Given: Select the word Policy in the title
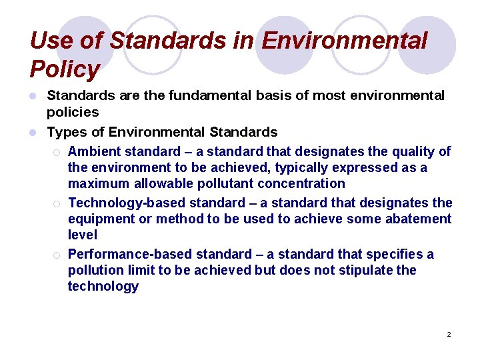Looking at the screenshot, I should point(65,69).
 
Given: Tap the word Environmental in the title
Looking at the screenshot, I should point(345,41).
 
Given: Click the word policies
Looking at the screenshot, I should point(73,112).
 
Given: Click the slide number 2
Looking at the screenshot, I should point(449,334).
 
